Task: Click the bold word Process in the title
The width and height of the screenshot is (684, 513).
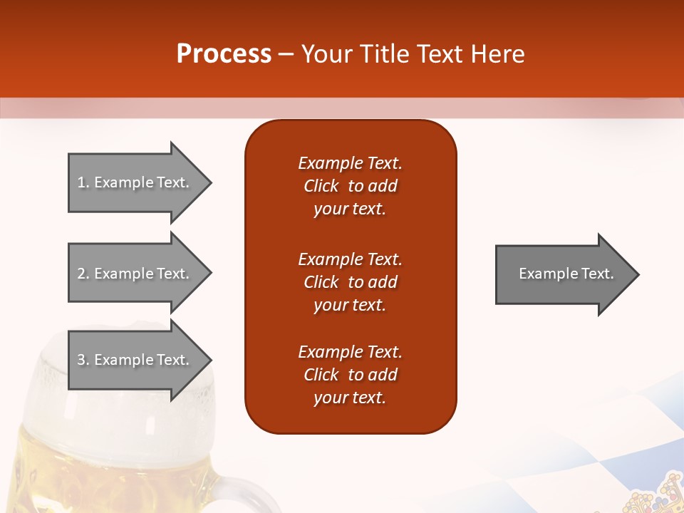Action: pos(224,54)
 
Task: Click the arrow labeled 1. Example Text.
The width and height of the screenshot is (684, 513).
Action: pos(135,182)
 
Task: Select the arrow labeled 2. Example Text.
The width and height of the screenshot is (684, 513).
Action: pos(135,274)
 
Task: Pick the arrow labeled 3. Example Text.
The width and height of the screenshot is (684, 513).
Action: pos(135,360)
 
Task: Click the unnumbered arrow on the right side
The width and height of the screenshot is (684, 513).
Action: pos(563,274)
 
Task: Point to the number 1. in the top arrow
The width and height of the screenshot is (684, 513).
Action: pos(83,182)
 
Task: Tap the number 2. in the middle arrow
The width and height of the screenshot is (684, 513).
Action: pos(83,274)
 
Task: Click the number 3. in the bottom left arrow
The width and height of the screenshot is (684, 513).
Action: pos(83,360)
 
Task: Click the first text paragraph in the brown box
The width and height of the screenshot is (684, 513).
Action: pos(350,186)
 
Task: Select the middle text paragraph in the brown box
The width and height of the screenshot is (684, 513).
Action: pos(350,282)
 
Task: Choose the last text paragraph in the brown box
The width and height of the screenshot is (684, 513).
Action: pos(350,375)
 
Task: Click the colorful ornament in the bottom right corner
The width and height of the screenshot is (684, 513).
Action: pos(655,495)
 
